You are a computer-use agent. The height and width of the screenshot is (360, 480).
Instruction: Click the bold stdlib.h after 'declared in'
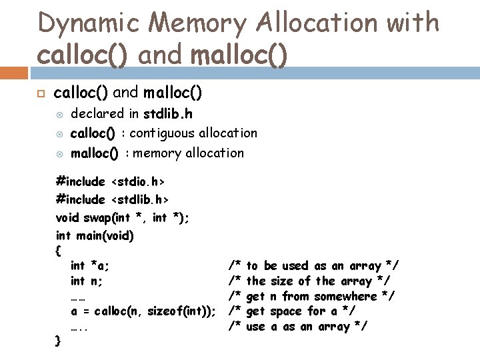click(x=171, y=113)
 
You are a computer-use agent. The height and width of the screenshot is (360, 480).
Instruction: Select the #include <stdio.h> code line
click(x=111, y=181)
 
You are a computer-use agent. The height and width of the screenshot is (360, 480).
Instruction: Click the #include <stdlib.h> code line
click(x=113, y=199)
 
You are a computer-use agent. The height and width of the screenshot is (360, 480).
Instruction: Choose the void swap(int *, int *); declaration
click(x=122, y=217)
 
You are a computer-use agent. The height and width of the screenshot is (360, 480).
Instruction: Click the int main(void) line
click(x=95, y=235)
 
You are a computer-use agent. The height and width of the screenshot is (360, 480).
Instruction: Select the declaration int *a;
click(x=91, y=266)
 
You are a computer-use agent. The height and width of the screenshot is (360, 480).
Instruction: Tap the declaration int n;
click(x=87, y=281)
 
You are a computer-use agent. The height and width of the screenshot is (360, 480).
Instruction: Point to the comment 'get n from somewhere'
click(x=311, y=296)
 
